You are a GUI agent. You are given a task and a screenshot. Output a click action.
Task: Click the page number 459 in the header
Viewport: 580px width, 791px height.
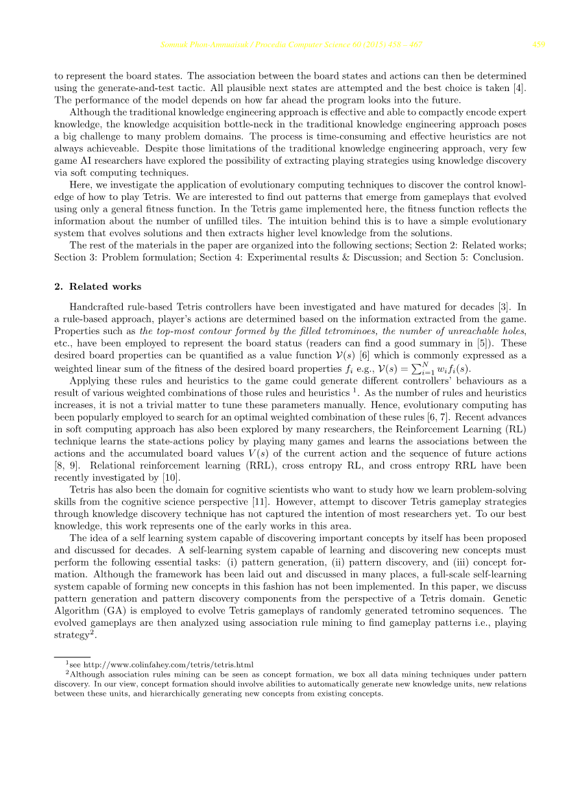tap(538, 45)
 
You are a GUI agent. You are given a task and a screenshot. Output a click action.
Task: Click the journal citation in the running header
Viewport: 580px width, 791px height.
tap(291, 45)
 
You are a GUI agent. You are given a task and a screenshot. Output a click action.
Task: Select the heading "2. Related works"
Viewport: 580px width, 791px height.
tap(98, 286)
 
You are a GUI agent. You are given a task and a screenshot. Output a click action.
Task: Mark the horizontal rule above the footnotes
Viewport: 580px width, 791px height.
tap(72, 656)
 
